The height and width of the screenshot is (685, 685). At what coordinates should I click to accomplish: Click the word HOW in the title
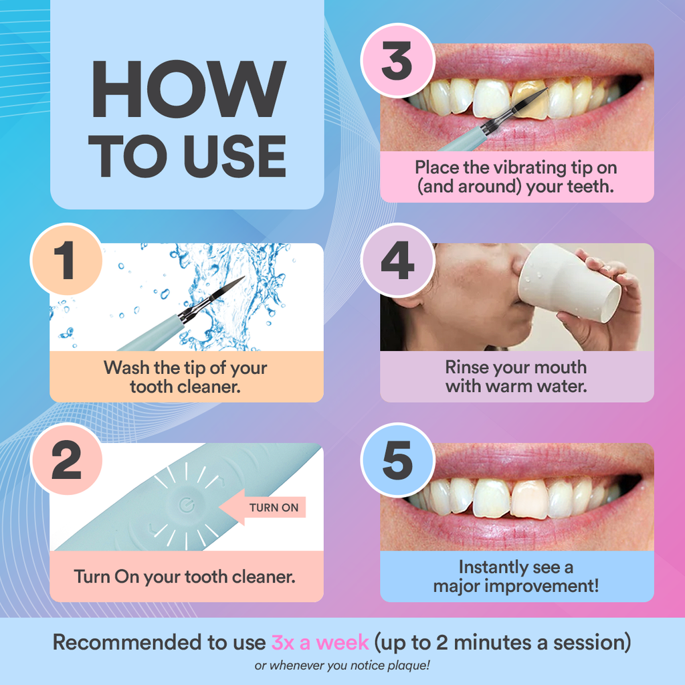(188, 90)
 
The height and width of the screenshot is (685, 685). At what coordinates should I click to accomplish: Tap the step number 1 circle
(65, 260)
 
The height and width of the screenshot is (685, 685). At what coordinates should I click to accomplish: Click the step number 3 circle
(396, 61)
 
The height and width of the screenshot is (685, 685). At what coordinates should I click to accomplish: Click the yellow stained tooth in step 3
(528, 101)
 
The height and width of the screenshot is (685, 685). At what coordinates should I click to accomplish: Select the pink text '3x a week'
(320, 643)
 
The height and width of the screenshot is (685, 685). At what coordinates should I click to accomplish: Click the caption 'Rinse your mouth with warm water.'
(516, 377)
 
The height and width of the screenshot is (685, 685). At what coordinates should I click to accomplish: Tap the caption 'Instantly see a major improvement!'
(516, 577)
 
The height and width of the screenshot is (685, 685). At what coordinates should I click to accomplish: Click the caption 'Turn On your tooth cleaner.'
(185, 577)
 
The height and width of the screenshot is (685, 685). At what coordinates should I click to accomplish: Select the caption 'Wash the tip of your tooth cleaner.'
(185, 377)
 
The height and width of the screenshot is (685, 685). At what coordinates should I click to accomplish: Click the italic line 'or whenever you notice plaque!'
(342, 666)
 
